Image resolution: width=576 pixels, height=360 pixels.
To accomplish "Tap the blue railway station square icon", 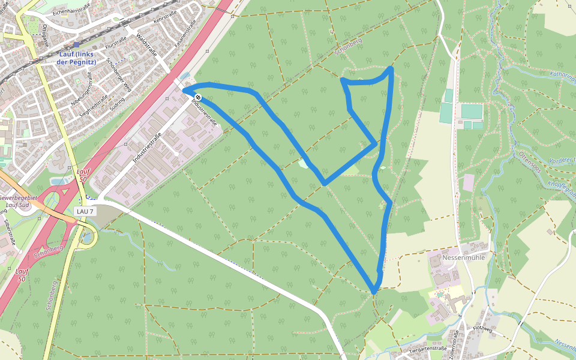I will (x=76, y=44).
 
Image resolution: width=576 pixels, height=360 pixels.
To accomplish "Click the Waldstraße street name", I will (x=146, y=44).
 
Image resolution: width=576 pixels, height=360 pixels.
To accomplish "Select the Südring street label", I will (x=118, y=104).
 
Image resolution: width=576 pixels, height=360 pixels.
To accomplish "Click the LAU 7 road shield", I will (x=85, y=211).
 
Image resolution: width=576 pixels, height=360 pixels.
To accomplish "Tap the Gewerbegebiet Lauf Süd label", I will (x=18, y=200).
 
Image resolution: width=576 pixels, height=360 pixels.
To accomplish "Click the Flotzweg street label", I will (x=482, y=328).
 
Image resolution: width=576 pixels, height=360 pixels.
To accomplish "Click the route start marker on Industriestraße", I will (x=197, y=97).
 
